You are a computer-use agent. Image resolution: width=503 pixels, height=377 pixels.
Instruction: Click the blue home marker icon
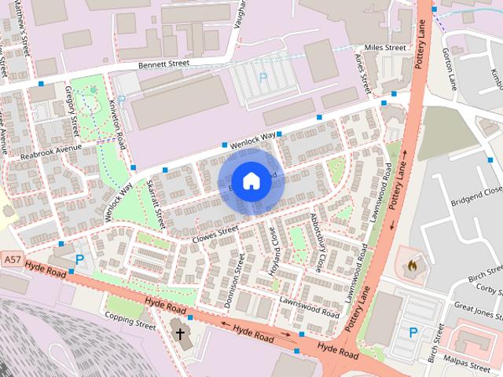coord(250,181)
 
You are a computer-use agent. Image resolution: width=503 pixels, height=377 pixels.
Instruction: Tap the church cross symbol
coord(180,334)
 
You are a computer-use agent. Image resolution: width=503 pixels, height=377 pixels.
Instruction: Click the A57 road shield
coord(12,258)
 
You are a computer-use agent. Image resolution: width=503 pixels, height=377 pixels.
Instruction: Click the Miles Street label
coord(384,48)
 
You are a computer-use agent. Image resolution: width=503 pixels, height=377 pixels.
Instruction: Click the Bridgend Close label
coord(475,191)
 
